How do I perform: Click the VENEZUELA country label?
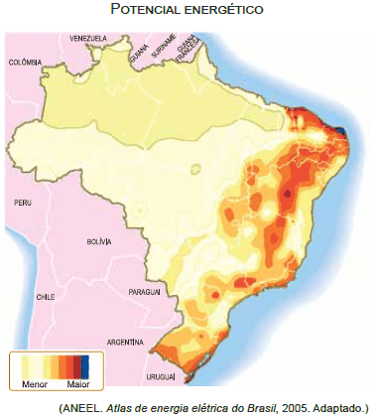tap(87, 39)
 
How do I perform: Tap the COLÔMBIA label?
tap(24, 62)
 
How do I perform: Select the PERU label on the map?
tap(24, 202)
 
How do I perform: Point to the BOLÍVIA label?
tap(99, 241)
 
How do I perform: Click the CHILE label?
tap(45, 297)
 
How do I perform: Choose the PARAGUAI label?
tap(145, 293)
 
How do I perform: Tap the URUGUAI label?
tap(161, 376)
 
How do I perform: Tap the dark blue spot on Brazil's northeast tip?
tap(342, 130)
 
